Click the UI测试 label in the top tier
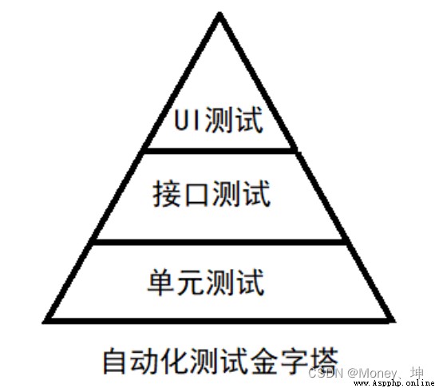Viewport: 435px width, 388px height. coord(219,120)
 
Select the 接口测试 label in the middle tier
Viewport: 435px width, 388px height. coord(212,193)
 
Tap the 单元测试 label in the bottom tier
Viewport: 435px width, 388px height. coord(206,282)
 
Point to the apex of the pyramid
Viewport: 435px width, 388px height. coord(220,13)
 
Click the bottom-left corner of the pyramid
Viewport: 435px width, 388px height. coord(45,322)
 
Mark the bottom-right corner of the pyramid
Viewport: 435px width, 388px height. coord(394,322)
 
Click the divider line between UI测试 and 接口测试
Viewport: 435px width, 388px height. coord(220,151)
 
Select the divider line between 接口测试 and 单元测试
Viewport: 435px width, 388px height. coord(219,242)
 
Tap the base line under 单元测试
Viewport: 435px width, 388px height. coord(219,321)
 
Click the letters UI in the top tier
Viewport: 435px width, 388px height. coord(187,121)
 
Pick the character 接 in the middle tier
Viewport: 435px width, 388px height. coord(166,193)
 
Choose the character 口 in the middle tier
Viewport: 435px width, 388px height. coord(196,194)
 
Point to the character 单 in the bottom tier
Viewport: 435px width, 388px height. coord(161,283)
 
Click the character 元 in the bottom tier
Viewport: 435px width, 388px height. coord(191,283)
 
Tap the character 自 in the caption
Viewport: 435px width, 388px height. coord(114,360)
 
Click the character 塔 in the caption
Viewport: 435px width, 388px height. coord(324,360)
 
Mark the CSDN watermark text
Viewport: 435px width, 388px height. coord(326,374)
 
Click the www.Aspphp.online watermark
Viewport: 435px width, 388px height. coord(394,383)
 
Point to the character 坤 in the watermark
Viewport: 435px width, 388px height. coord(417,372)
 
